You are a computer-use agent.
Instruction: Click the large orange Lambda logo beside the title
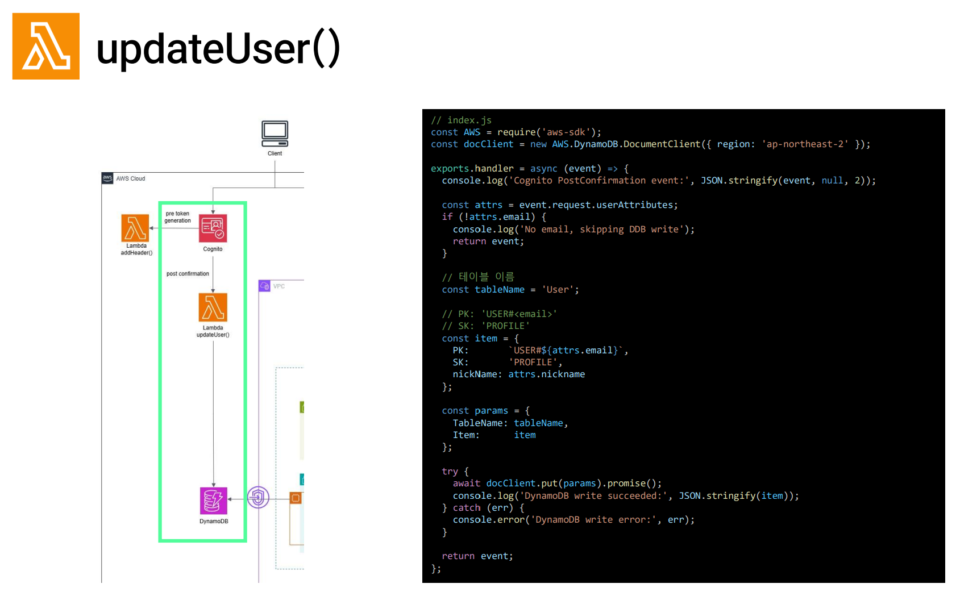click(x=46, y=46)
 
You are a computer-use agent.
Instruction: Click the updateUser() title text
click(x=218, y=49)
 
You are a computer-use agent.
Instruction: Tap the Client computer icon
click(x=275, y=134)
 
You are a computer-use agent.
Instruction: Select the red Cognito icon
click(x=213, y=228)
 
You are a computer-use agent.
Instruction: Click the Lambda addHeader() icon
click(x=135, y=228)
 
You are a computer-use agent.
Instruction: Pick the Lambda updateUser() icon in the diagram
click(x=213, y=307)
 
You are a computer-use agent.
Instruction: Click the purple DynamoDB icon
click(x=214, y=501)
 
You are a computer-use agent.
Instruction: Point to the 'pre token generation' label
click(x=178, y=217)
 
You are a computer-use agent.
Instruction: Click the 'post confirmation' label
click(x=188, y=274)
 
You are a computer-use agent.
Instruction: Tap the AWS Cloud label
click(x=131, y=178)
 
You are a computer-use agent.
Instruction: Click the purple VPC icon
click(x=264, y=286)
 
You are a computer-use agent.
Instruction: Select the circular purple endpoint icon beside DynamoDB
click(x=258, y=498)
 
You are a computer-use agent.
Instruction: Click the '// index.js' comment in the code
click(x=461, y=120)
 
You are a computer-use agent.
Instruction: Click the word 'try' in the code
click(x=450, y=472)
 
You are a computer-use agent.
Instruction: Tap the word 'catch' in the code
click(x=467, y=508)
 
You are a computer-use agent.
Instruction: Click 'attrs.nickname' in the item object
click(x=546, y=374)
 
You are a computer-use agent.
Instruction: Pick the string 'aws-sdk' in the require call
click(x=565, y=132)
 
